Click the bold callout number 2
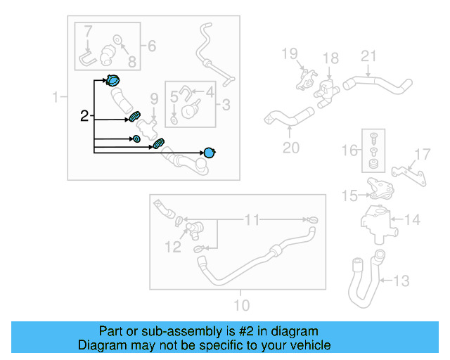pyautogui.click(x=84, y=116)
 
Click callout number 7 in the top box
pyautogui.click(x=88, y=32)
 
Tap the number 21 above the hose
pyautogui.click(x=368, y=56)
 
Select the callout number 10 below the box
pyautogui.click(x=242, y=305)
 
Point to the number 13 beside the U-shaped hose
pyautogui.click(x=401, y=281)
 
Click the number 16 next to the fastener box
pyautogui.click(x=349, y=150)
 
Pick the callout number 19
pyautogui.click(x=289, y=53)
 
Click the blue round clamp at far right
pyautogui.click(x=210, y=153)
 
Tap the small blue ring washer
pyautogui.click(x=137, y=139)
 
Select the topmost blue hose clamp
pyautogui.click(x=112, y=80)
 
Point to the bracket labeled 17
pyautogui.click(x=409, y=175)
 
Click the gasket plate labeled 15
pyautogui.click(x=380, y=188)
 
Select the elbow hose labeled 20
pyautogui.click(x=289, y=117)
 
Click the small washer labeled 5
pyautogui.click(x=174, y=120)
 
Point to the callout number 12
pyautogui.click(x=173, y=247)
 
